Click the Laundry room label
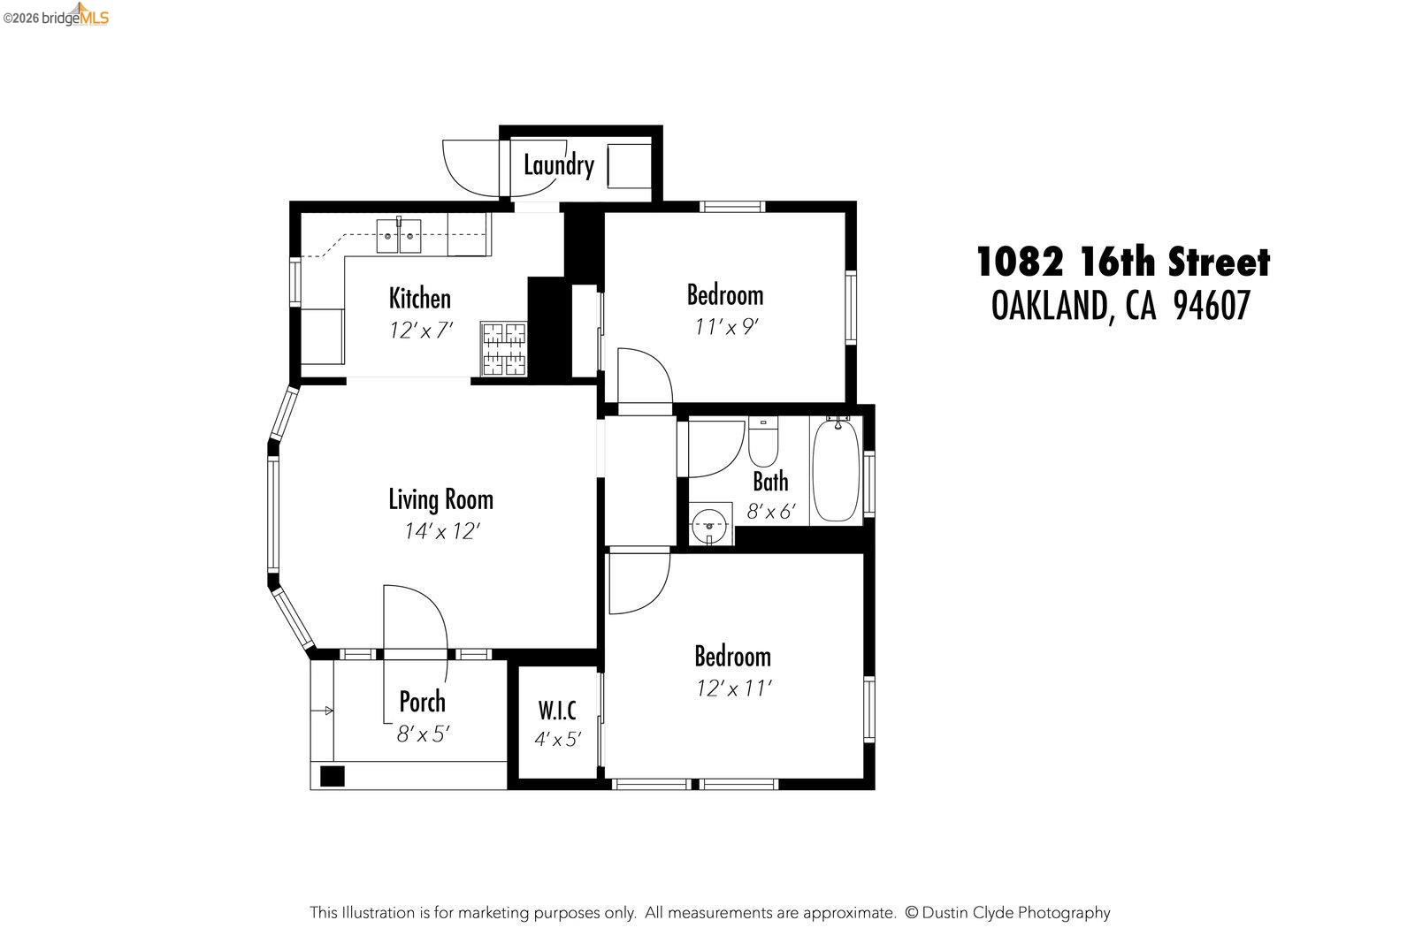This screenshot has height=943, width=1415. [x=558, y=165]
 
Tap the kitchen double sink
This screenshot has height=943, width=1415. [x=399, y=236]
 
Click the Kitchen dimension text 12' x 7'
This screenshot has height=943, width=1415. [x=421, y=331]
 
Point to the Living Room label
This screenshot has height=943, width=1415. [x=440, y=499]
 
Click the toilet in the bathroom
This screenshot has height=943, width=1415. [x=762, y=442]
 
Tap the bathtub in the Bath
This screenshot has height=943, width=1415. [x=836, y=470]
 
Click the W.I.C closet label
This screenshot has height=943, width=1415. [x=557, y=710]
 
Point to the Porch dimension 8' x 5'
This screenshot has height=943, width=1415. [x=423, y=734]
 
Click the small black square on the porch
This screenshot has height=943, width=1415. [x=332, y=776]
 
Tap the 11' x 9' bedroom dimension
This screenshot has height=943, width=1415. [x=726, y=327]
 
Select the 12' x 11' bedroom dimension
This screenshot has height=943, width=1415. [x=734, y=688]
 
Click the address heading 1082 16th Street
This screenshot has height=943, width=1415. [x=1122, y=263]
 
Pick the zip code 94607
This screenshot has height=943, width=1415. [x=1212, y=307]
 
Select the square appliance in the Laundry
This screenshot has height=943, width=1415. [x=629, y=164]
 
